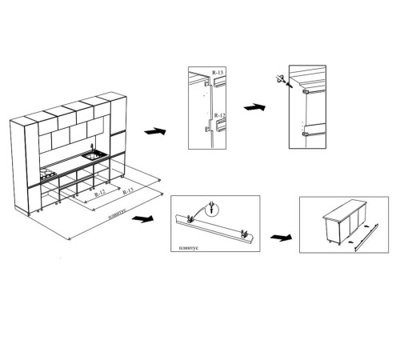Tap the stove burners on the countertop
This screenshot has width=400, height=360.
[x=48, y=175]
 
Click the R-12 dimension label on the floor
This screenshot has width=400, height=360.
[x=100, y=193]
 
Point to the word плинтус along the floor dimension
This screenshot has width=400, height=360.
[x=117, y=214]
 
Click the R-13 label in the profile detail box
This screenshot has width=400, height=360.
[x=218, y=72]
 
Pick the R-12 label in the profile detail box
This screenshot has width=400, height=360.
[x=220, y=115]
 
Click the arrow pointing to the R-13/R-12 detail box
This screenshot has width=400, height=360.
[x=155, y=131]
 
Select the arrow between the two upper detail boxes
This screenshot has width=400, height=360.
[x=254, y=107]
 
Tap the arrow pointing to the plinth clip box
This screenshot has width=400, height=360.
[x=142, y=218]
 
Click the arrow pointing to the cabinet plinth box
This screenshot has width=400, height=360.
[x=281, y=237]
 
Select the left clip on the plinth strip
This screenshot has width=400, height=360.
[x=190, y=218]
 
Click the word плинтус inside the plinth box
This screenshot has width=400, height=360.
[x=189, y=248]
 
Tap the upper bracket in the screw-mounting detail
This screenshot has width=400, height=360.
[x=306, y=92]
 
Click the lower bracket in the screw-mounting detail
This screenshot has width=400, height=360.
[x=306, y=134]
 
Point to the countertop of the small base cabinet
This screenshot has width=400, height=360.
[x=345, y=210]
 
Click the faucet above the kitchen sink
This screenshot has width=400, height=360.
[x=92, y=147]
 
